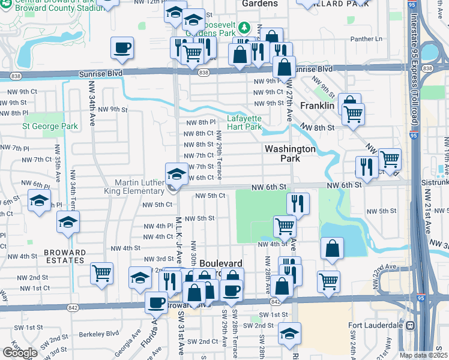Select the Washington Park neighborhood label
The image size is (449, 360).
coord(290,153)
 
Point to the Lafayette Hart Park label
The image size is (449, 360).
coord(244,122)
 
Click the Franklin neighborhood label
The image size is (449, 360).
coord(316,106)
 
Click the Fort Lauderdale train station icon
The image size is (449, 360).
coord(411,326)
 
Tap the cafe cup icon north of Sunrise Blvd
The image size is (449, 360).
coord(122,47)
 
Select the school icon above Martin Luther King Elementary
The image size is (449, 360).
coord(176,173)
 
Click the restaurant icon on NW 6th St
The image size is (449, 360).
coord(298,203)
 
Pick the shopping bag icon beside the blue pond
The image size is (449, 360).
coord(331,248)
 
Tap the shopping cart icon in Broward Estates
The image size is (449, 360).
coord(101,273)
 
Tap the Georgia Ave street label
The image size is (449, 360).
coord(136,340)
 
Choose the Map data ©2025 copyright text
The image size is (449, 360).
coord(423,355)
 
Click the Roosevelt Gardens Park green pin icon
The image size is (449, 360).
coord(244,27)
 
